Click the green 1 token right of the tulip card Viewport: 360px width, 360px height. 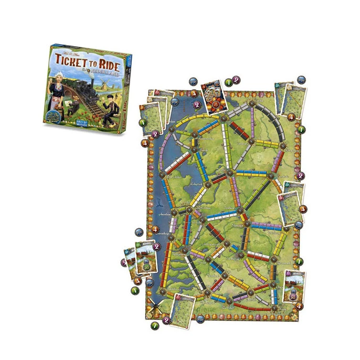pos(229,82)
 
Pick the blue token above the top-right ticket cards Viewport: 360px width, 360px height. pos(301,80)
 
